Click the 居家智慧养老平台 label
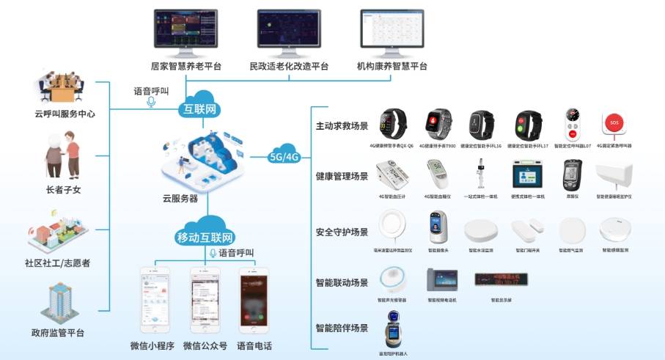(x=186, y=66)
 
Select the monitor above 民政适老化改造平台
(x=289, y=30)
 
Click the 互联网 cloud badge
(x=200, y=110)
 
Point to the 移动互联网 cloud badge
(x=205, y=237)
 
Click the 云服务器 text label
(x=180, y=198)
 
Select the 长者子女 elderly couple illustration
(x=62, y=156)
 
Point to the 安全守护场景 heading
(x=341, y=232)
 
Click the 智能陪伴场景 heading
(x=341, y=328)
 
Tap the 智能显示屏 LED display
(x=501, y=279)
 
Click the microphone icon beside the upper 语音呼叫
(x=151, y=103)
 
